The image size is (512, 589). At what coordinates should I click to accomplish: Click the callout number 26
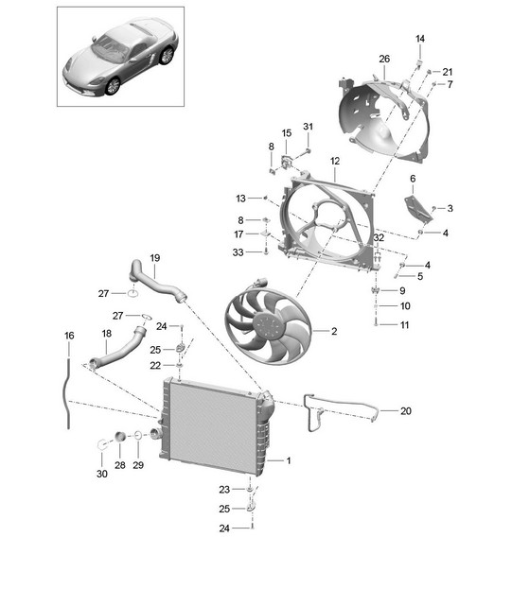384,59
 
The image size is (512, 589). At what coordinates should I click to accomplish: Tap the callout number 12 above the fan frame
335,161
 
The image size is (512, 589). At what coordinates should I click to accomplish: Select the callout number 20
406,411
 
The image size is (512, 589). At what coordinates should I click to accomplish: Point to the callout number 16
69,336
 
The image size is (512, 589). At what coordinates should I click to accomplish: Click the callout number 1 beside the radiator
289,460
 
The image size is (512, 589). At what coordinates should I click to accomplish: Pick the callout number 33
238,252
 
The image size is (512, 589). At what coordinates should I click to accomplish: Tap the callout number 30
102,474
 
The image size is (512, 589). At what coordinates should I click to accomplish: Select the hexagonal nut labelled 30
101,444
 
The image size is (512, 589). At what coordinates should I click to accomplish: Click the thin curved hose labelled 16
68,394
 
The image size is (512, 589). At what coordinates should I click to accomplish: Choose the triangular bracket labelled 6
417,209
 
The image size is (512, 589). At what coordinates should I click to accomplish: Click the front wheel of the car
113,86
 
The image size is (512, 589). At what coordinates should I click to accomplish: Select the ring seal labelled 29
138,435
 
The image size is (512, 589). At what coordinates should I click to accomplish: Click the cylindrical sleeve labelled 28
120,437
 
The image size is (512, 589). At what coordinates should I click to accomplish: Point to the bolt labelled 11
376,323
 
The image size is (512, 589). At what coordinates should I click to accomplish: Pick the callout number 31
308,127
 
